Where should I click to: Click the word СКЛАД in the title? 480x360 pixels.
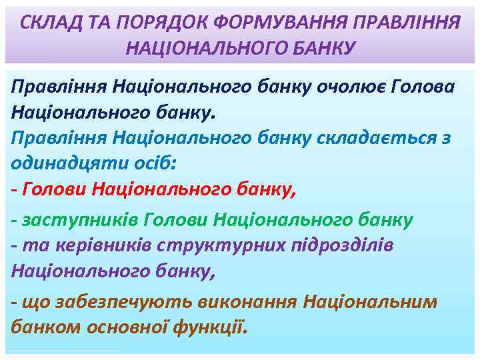point(46,23)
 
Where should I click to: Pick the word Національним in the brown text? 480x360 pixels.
point(369,301)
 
